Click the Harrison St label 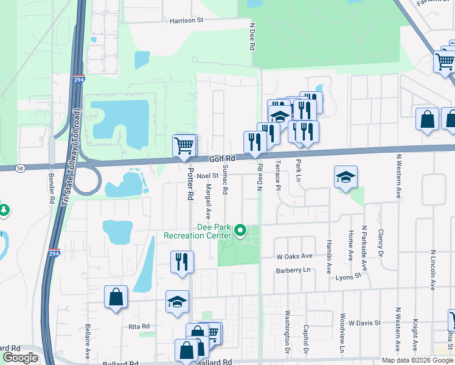pyautogui.click(x=186, y=20)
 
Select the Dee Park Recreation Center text pyautogui.click(x=197, y=232)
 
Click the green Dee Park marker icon pyautogui.click(x=240, y=231)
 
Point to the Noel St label pyautogui.click(x=207, y=176)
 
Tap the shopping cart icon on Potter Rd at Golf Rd pyautogui.click(x=184, y=145)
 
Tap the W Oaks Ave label pyautogui.click(x=294, y=256)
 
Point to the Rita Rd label pyautogui.click(x=134, y=327)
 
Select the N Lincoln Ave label pyautogui.click(x=433, y=268)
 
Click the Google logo pyautogui.click(x=20, y=357)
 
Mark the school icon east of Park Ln pyautogui.click(x=346, y=178)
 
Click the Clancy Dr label pyautogui.click(x=381, y=242)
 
